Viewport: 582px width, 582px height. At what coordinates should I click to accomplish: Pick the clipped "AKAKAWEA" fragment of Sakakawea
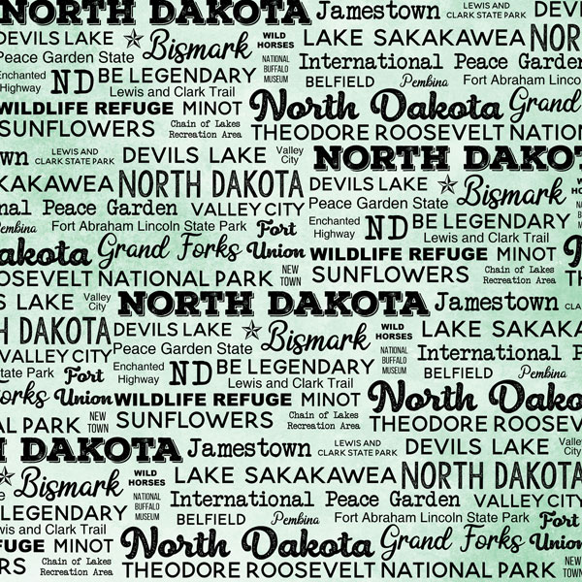point(56,182)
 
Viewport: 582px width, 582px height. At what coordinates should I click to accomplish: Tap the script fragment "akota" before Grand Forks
point(41,254)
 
